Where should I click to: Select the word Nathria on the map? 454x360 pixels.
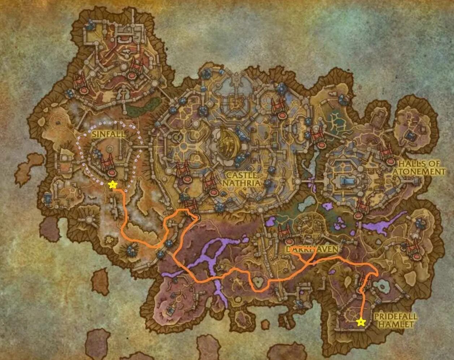[241, 183]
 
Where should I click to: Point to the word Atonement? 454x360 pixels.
[419, 172]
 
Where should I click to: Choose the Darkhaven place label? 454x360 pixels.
[312, 250]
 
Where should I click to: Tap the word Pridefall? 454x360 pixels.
[395, 317]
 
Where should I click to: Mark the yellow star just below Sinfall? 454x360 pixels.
[112, 185]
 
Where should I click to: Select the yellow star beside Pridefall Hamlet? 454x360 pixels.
[360, 322]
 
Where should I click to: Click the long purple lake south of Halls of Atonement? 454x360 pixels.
[383, 224]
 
